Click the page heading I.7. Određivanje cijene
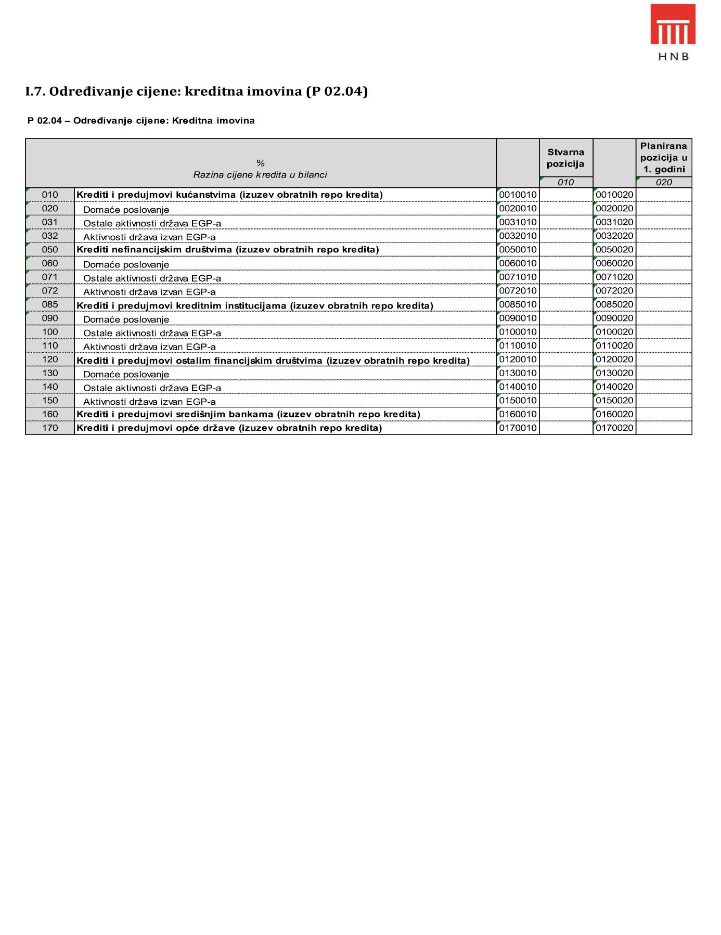[196, 92]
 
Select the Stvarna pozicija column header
[565, 158]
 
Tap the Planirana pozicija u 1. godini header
[663, 157]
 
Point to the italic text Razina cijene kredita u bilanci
[260, 175]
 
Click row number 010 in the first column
[50, 195]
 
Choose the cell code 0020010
[518, 209]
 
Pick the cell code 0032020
[614, 236]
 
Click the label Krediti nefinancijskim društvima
[227, 250]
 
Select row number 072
[50, 291]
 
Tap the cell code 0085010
[518, 304]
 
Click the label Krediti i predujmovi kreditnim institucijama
[254, 305]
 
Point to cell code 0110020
[614, 346]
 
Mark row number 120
[50, 360]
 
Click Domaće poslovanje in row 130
[126, 375]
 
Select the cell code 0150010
[518, 401]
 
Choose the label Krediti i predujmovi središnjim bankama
[248, 415]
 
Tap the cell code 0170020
[614, 428]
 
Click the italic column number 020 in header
[663, 183]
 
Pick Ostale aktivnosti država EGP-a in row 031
[152, 224]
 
